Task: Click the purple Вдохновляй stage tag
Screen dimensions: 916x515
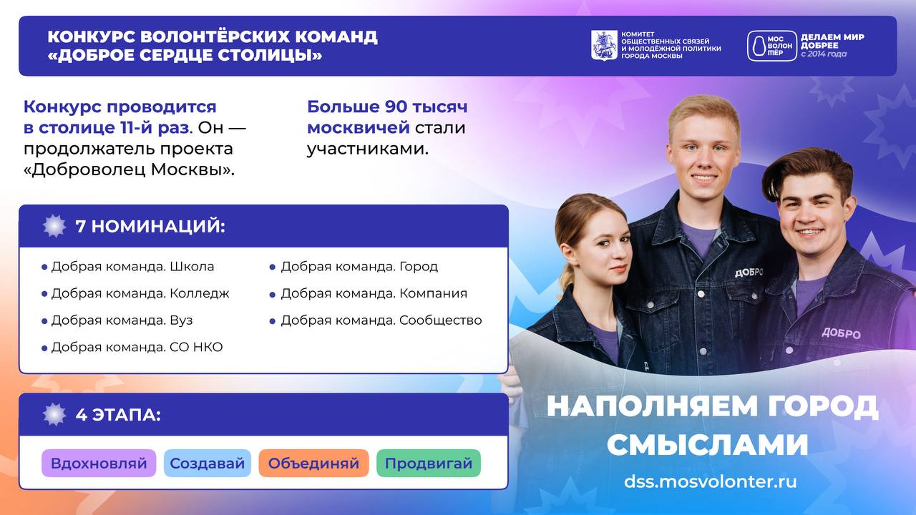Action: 99,463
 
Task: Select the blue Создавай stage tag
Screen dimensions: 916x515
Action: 208,463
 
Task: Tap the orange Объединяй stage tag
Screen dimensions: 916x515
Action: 313,463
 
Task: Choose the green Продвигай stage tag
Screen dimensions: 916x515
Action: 429,463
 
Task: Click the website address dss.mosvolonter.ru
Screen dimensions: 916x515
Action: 711,481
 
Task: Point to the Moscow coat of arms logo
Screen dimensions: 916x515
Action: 604,45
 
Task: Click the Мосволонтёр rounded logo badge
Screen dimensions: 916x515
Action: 772,46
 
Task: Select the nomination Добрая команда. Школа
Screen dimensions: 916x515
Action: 132,267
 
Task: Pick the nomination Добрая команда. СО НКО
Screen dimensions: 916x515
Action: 137,347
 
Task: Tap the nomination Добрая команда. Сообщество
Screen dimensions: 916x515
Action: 381,320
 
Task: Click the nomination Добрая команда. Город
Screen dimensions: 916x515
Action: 359,267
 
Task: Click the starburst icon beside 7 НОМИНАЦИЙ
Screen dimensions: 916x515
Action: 54,225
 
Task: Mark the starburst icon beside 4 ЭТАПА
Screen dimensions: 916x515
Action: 54,414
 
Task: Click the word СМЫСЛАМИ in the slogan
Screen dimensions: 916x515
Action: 708,444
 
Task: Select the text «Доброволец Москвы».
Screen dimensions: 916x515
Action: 130,170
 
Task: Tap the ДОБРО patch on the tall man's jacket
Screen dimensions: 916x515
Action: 749,273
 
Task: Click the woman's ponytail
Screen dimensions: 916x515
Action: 567,278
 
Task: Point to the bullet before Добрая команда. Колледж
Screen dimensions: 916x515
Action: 44,294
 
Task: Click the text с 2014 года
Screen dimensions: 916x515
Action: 824,54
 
